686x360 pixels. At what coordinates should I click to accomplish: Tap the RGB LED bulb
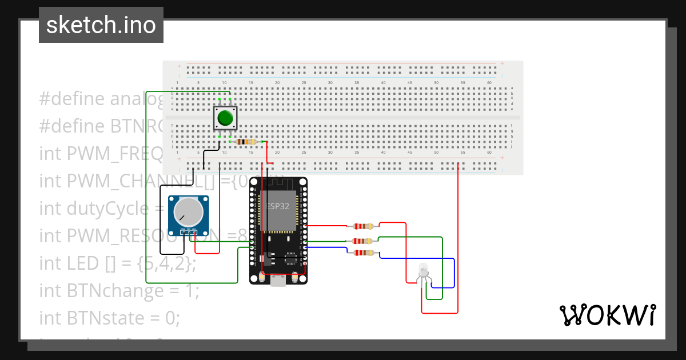tap(423, 270)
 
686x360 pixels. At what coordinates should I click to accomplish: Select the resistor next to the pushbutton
tap(248, 142)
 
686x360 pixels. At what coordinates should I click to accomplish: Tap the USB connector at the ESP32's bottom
tap(280, 281)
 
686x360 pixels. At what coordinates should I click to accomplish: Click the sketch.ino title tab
tap(101, 25)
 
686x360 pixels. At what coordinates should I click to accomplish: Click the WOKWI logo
tap(607, 315)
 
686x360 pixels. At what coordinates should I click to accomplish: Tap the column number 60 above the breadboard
tap(489, 83)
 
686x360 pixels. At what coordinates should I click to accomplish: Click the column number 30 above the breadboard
tap(330, 83)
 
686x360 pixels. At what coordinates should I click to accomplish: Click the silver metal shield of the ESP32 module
tap(279, 211)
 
